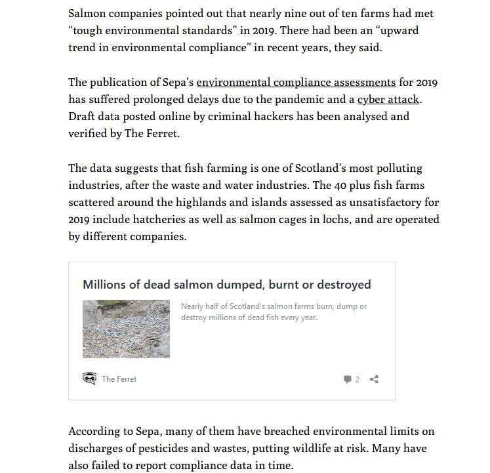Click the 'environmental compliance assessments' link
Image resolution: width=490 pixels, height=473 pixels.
point(296,83)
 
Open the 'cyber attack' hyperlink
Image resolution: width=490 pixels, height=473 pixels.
point(388,100)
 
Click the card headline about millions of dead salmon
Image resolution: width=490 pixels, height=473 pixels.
point(226,285)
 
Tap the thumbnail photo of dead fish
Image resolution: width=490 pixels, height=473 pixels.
point(126,329)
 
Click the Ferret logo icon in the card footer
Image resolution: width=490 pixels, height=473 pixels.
point(89,379)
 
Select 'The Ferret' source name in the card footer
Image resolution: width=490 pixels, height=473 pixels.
point(119,379)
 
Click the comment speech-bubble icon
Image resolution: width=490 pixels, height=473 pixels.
point(348,379)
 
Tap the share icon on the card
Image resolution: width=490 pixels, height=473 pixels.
point(374,379)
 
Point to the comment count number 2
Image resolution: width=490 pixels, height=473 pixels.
point(357,379)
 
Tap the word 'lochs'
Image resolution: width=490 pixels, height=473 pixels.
point(364,220)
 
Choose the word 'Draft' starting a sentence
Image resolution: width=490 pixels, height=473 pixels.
point(83,117)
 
